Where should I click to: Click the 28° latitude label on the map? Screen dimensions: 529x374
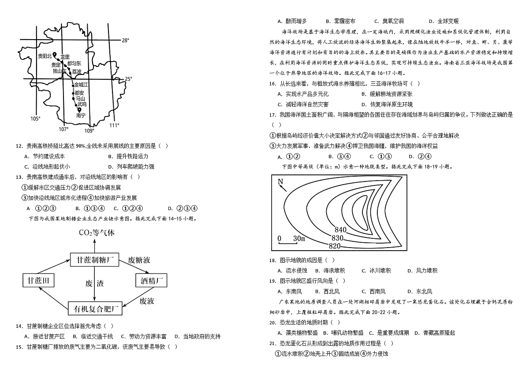(125, 41)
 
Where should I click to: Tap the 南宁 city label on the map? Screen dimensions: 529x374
(81, 115)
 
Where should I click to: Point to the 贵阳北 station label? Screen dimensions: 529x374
(45, 56)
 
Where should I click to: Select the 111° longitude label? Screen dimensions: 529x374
(114, 125)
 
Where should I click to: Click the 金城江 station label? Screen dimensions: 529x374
(81, 85)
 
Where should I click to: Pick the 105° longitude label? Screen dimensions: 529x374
(35, 118)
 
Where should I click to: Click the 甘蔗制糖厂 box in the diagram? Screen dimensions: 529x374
(94, 260)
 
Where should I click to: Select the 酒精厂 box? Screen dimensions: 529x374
(151, 280)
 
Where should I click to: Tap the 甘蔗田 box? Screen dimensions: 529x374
(38, 280)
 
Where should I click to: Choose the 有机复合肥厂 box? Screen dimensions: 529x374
(95, 308)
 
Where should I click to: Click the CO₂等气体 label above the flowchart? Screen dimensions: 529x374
(97, 233)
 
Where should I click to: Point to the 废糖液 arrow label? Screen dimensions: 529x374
(139, 260)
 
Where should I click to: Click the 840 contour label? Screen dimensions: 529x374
(340, 230)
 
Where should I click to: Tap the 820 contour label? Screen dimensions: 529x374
(335, 246)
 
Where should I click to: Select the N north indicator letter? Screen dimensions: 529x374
(280, 181)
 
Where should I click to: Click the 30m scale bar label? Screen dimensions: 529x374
(299, 239)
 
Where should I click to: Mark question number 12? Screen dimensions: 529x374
(19, 146)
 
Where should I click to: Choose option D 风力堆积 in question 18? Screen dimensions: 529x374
(422, 270)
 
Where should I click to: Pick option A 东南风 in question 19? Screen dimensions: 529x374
(290, 292)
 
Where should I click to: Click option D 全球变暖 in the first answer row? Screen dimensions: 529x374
(444, 21)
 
